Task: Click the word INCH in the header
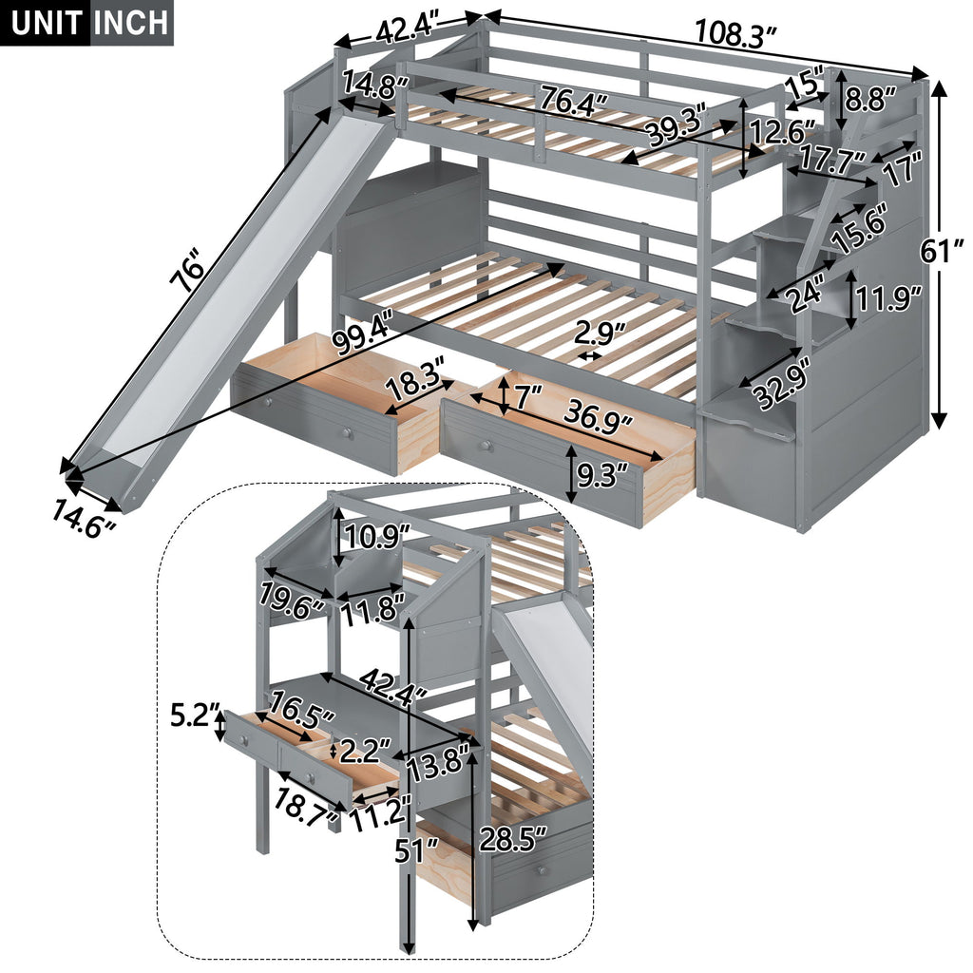(131, 22)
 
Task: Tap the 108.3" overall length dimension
(736, 35)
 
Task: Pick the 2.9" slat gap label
(600, 335)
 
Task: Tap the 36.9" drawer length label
(599, 414)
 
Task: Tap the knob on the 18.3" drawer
(348, 433)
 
